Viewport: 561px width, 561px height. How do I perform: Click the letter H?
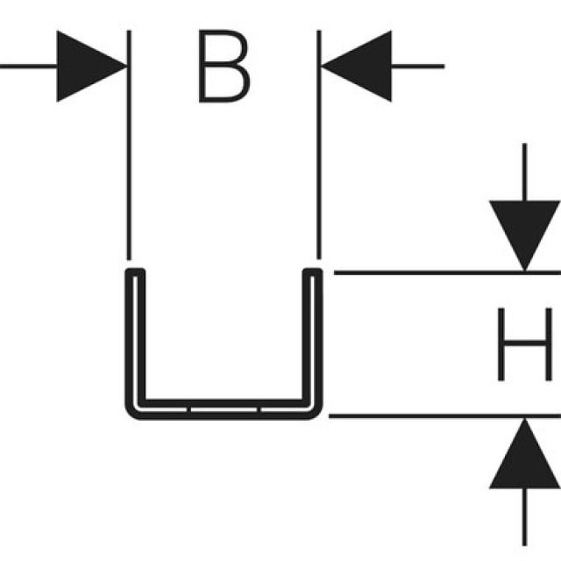tap(524, 344)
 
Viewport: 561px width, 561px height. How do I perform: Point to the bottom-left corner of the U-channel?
tap(133, 410)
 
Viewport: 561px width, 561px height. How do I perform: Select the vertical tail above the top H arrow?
tap(524, 171)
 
